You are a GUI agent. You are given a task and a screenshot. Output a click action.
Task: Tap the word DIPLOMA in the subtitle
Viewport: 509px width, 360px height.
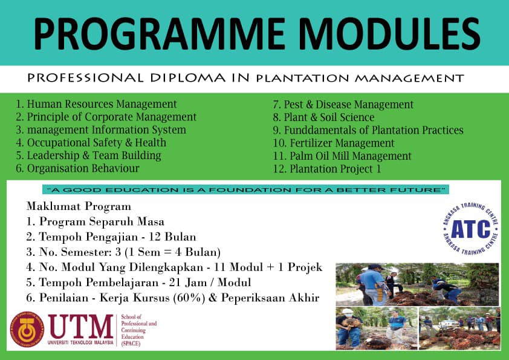(x=187, y=78)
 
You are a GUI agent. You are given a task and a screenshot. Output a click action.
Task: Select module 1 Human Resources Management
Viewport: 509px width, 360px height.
(x=96, y=104)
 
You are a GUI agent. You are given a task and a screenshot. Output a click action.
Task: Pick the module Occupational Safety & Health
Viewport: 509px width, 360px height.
(x=91, y=143)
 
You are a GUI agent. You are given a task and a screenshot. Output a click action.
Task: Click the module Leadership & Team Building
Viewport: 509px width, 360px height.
(x=89, y=155)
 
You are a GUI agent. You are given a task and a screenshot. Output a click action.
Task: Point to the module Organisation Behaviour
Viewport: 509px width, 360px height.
(x=77, y=168)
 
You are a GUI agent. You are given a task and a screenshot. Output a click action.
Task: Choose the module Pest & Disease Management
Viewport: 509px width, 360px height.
(x=343, y=104)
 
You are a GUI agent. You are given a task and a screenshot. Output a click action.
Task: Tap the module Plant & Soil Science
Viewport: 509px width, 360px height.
(x=323, y=117)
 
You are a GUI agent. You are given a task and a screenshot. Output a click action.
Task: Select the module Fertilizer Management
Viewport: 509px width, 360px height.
(x=334, y=143)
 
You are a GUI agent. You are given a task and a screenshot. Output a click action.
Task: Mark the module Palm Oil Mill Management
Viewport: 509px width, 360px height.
(x=342, y=156)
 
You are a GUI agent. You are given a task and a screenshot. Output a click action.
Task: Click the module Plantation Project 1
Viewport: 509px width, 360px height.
(x=327, y=169)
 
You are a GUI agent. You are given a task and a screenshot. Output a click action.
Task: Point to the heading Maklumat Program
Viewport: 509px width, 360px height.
(x=79, y=206)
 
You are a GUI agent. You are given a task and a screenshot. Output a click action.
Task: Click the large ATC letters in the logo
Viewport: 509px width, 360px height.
(x=471, y=229)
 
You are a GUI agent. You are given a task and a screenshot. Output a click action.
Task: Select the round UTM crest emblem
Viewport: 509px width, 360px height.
(x=27, y=330)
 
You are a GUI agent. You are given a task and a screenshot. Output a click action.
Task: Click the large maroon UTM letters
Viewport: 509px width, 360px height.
(x=81, y=327)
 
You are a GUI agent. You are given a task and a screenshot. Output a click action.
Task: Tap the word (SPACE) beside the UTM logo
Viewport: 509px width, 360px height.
(x=131, y=344)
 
